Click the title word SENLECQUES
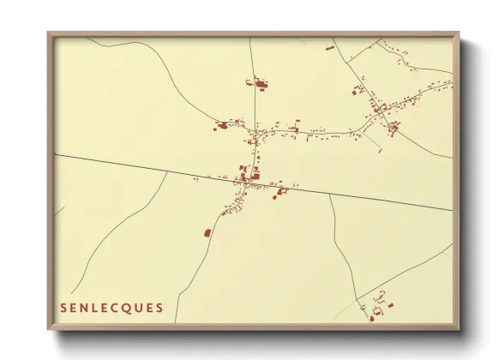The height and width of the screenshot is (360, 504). (x=112, y=306)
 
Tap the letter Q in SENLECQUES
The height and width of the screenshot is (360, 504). (x=135, y=306)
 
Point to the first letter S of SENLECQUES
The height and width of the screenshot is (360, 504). (x=63, y=306)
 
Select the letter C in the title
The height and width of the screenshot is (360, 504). (x=123, y=306)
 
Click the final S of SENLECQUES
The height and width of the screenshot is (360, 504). (x=161, y=306)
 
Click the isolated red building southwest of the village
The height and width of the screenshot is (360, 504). (x=207, y=231)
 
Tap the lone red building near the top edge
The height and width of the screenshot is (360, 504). (x=329, y=48)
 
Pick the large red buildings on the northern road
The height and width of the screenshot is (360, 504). (x=260, y=83)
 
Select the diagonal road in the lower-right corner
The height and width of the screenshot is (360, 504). (x=403, y=274)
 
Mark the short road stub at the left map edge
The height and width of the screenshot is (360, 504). (x=59, y=211)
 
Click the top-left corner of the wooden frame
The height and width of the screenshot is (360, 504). (x=50, y=35)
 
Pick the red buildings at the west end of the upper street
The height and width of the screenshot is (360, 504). (x=222, y=125)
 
